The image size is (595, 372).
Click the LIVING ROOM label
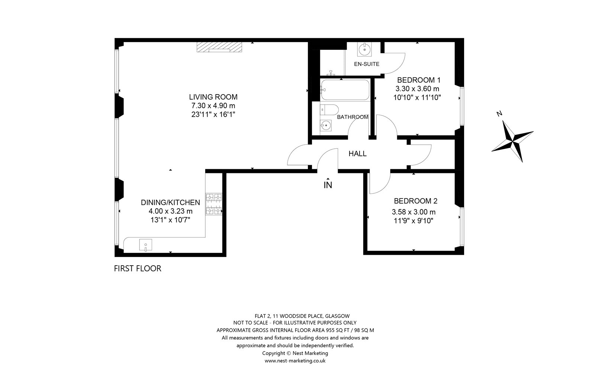point(213,97)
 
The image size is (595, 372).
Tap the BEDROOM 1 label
point(419,80)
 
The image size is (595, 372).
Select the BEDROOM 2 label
point(415,201)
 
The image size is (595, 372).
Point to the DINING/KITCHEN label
point(170,202)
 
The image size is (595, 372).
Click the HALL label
point(357,154)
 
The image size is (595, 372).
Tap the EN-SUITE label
point(367,64)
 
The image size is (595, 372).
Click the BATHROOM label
point(353,117)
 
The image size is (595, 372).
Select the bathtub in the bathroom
point(345,90)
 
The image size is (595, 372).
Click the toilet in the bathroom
point(329,110)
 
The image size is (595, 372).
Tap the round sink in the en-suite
point(364,49)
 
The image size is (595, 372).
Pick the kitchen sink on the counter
point(145,245)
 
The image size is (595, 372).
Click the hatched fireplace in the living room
point(219,47)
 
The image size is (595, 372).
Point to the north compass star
point(512,141)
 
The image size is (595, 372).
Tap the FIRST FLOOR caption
point(138,269)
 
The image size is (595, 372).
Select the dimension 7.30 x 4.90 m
point(213,106)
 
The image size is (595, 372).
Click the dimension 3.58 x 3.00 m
point(414,212)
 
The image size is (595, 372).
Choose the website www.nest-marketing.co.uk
point(295,361)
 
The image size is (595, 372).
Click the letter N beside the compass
point(499,114)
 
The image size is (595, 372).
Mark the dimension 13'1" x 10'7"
point(170,220)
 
